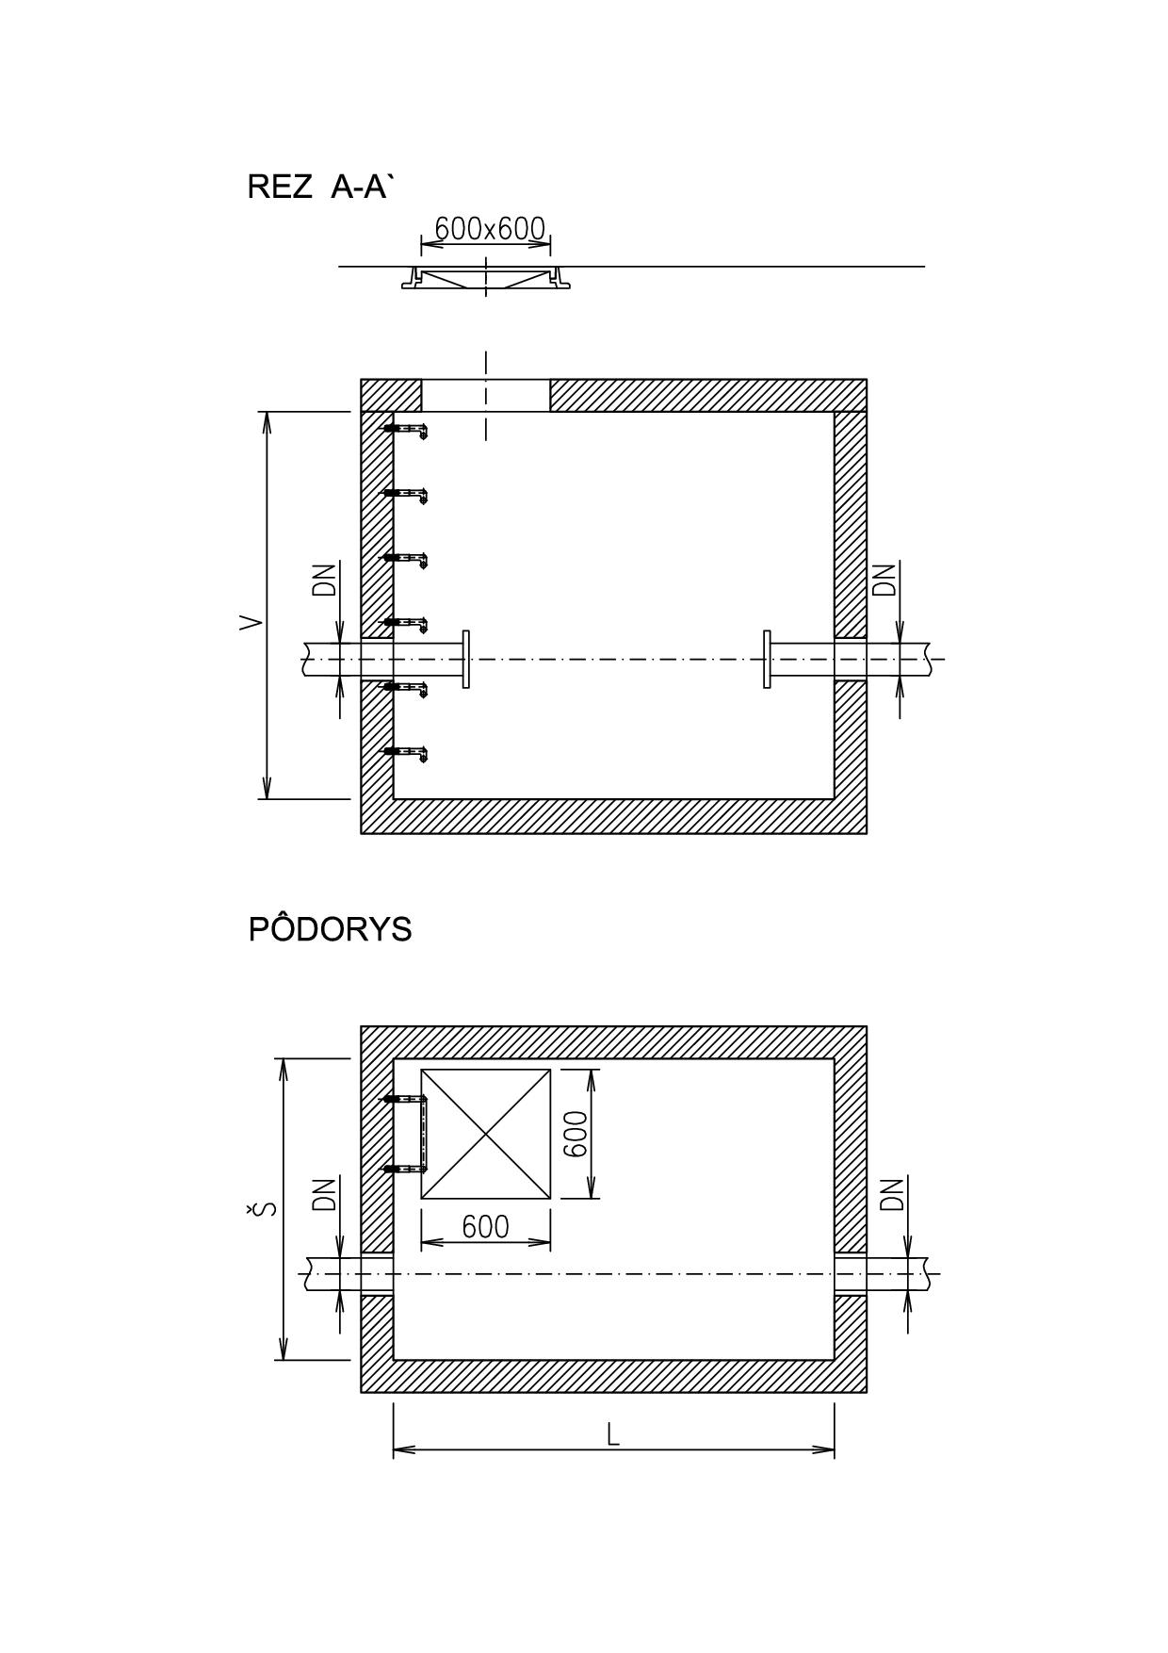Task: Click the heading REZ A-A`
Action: [x=318, y=187]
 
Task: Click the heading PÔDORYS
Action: [x=330, y=929]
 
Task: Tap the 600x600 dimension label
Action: [x=490, y=229]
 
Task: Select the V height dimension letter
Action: [x=251, y=622]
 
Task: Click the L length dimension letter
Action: [x=613, y=1435]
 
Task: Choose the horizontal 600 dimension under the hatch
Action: [x=485, y=1226]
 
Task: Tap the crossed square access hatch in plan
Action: [x=485, y=1134]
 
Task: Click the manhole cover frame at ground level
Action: [x=486, y=278]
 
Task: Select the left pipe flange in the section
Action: [x=466, y=660]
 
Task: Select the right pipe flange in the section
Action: [x=767, y=660]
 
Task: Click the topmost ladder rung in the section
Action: [x=405, y=430]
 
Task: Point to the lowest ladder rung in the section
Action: [x=405, y=752]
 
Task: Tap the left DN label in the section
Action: [x=325, y=581]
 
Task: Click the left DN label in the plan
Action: [x=325, y=1194]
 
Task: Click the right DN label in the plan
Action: [x=891, y=1194]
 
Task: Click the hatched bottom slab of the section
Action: [x=613, y=816]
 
